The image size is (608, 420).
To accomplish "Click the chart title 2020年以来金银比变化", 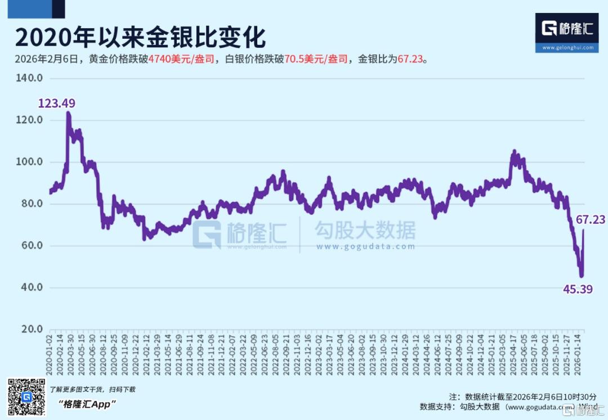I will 140,38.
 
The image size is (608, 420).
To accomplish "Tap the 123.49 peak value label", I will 56,103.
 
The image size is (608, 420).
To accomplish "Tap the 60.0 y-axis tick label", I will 32,246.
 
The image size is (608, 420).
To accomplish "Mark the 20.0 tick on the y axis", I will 32,329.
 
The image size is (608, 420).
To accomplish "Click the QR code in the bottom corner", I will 26,398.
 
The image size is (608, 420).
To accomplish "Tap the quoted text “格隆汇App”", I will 87,404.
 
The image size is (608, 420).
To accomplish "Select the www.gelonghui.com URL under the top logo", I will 567,48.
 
